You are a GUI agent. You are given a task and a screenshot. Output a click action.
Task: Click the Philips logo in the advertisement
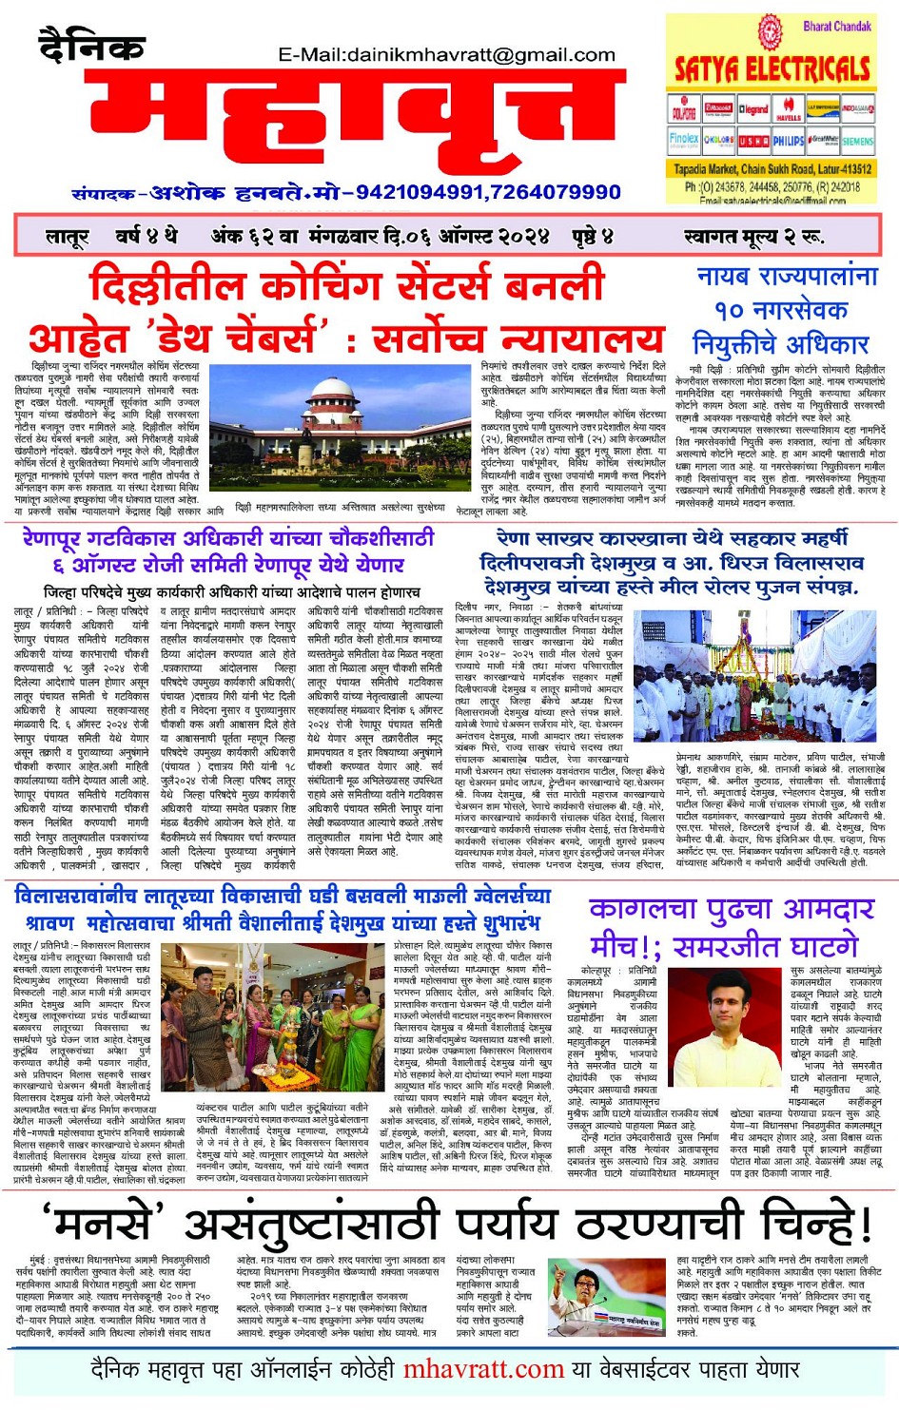(787, 140)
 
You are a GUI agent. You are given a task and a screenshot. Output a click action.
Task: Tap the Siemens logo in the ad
(856, 140)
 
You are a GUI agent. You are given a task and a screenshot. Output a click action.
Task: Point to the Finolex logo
(683, 140)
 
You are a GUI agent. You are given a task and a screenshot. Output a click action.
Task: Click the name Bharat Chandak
(836, 26)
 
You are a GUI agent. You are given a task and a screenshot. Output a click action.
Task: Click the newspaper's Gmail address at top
(446, 54)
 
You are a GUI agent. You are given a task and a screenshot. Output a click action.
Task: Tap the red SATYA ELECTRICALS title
(771, 68)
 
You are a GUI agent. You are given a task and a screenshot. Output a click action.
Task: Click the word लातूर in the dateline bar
(67, 236)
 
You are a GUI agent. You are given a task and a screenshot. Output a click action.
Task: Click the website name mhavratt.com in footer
(483, 1370)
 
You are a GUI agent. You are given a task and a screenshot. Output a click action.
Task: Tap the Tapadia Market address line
(771, 168)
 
